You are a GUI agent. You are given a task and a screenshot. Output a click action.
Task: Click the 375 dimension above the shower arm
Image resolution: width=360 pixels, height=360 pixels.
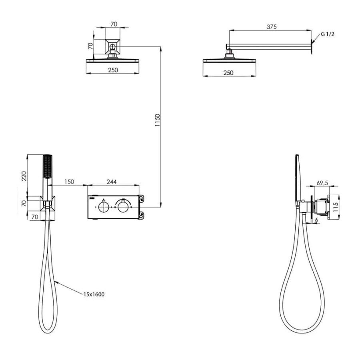(272, 27)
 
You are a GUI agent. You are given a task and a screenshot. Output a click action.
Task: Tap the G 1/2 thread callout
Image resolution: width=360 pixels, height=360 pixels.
(327, 34)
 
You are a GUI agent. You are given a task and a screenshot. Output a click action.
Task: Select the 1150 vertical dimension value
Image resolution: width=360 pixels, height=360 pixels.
(157, 120)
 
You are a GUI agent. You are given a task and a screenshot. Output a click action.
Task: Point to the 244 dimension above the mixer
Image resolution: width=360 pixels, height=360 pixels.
(112, 182)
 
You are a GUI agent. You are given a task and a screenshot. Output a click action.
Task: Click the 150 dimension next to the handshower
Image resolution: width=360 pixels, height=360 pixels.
(69, 182)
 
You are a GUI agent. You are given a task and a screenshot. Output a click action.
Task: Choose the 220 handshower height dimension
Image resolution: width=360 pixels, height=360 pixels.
(24, 176)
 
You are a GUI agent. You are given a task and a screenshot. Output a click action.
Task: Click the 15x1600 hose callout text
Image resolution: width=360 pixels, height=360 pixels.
(94, 294)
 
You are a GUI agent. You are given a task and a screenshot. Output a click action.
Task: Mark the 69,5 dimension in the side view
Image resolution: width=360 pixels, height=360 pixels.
(322, 183)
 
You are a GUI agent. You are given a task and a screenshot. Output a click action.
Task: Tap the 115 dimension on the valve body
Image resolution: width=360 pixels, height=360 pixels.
(336, 207)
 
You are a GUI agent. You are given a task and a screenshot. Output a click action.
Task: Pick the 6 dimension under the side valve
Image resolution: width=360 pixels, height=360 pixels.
(316, 220)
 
